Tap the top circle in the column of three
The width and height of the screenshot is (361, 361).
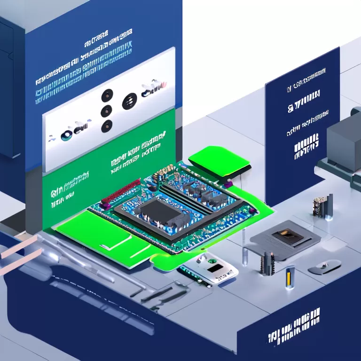pyautogui.click(x=107, y=94)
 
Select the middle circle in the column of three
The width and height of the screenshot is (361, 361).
pyautogui.click(x=107, y=111)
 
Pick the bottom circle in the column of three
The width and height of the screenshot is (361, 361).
pyautogui.click(x=107, y=126)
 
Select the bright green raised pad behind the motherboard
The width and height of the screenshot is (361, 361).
pyautogui.click(x=219, y=161)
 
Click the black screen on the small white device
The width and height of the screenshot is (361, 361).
pyautogui.click(x=216, y=268)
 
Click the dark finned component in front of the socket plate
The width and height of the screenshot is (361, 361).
pyautogui.click(x=267, y=263)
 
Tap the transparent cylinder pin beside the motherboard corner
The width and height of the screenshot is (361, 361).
pyautogui.click(x=245, y=256)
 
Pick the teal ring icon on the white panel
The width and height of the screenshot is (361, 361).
pyautogui.click(x=66, y=135)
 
